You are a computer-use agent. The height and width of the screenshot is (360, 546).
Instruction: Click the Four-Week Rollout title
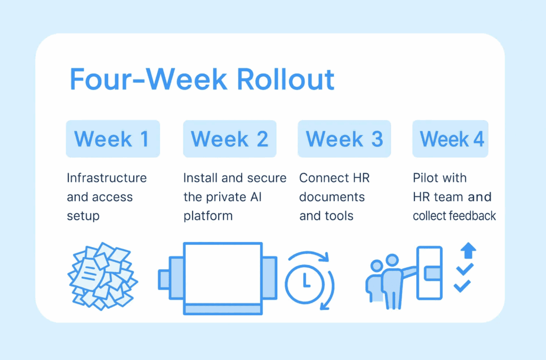(202, 79)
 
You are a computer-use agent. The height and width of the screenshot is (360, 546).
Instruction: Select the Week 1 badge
(113, 139)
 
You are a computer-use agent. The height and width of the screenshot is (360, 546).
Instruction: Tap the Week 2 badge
(230, 139)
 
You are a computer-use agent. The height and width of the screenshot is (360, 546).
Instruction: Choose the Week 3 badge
(344, 139)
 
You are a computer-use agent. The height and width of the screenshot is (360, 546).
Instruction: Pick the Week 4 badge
(451, 139)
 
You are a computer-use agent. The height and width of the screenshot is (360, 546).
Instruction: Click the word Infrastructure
(107, 178)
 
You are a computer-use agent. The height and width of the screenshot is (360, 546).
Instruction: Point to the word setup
(83, 216)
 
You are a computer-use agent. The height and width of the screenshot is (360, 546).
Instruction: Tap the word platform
(208, 216)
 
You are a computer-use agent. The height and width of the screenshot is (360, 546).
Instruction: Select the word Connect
(324, 178)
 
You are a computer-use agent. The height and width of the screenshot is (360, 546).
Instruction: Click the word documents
(332, 197)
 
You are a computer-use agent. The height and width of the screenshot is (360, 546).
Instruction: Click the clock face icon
(305, 283)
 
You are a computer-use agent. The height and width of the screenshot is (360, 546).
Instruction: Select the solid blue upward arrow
(468, 250)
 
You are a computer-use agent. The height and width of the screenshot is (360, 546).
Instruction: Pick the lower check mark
(462, 286)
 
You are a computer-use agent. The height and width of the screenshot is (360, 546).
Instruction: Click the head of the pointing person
(392, 260)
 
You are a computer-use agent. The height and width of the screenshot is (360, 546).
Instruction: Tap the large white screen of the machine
(223, 274)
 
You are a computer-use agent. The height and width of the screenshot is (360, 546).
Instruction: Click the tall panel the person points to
(430, 273)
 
